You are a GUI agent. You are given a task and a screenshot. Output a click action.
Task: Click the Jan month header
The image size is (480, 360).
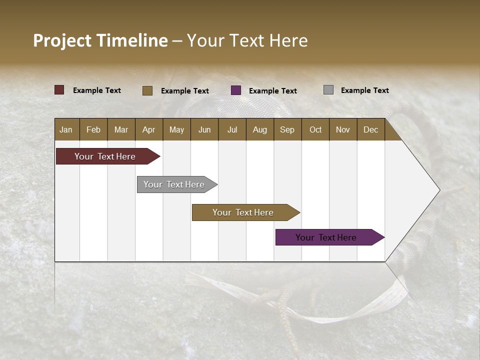tap(66, 129)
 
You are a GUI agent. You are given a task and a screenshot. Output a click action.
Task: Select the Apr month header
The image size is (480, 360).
tap(148, 129)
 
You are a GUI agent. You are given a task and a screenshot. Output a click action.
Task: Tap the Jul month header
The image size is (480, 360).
tap(232, 129)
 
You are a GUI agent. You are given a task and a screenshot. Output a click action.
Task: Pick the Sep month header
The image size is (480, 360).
tap(287, 129)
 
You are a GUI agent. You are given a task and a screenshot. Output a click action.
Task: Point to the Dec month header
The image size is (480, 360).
tap(370, 129)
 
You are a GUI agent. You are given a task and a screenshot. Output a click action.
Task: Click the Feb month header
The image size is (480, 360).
tap(93, 129)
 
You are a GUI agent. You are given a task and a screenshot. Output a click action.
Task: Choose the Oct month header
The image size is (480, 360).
tap(315, 129)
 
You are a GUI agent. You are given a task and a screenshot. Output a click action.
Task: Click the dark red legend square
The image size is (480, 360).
tap(59, 90)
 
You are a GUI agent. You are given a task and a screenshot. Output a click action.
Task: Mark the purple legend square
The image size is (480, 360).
tap(236, 90)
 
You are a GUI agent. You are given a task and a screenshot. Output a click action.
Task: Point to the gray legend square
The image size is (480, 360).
tap(328, 90)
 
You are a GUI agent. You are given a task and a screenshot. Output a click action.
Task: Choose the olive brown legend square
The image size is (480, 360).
tap(147, 90)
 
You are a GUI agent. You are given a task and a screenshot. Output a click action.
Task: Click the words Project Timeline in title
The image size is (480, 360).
tap(100, 40)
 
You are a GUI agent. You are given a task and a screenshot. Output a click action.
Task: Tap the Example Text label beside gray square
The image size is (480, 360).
tap(364, 90)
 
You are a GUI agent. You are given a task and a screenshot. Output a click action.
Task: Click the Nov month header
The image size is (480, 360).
tap(343, 129)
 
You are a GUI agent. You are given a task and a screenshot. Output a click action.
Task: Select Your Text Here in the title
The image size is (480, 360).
tap(247, 40)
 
